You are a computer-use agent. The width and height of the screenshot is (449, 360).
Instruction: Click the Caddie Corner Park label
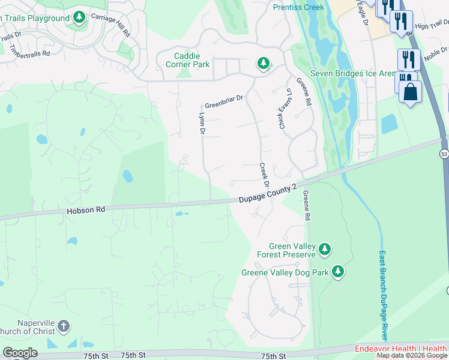pyautogui.click(x=183, y=58)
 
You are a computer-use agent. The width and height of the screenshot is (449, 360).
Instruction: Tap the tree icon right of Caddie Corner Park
pyautogui.click(x=263, y=62)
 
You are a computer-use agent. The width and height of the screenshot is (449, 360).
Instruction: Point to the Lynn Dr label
pyautogui.click(x=202, y=122)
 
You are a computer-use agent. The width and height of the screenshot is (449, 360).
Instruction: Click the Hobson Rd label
pyautogui.click(x=86, y=210)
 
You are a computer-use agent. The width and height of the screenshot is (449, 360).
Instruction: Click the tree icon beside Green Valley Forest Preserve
pyautogui.click(x=324, y=248)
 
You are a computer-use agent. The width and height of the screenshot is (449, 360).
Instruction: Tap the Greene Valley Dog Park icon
pyautogui.click(x=338, y=272)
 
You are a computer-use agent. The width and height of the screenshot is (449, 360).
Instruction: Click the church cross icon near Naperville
pyautogui.click(x=63, y=327)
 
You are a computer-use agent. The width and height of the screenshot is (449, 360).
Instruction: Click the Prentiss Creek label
pyautogui.click(x=298, y=7)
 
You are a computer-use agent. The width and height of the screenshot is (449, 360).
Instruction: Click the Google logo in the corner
pyautogui.click(x=20, y=353)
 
